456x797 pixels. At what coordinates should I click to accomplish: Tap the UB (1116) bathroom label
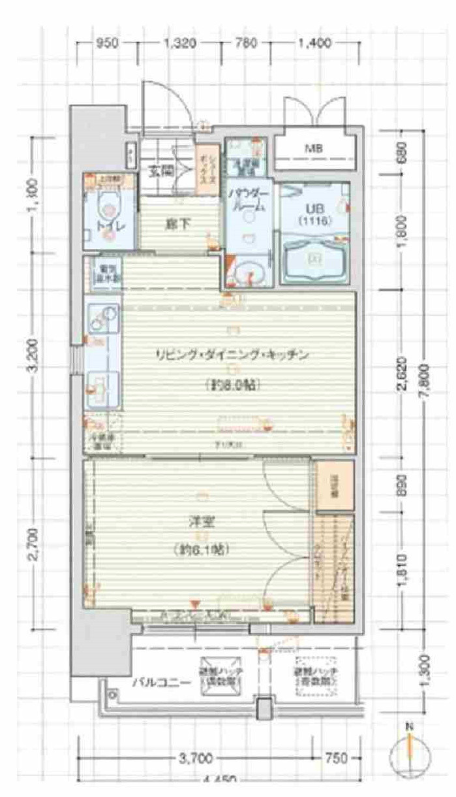[x=316, y=215]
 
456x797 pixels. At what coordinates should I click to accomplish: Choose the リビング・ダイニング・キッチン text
[x=231, y=355]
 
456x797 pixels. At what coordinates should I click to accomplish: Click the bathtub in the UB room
[x=315, y=259]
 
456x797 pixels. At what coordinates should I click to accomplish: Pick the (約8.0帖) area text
[x=231, y=385]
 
